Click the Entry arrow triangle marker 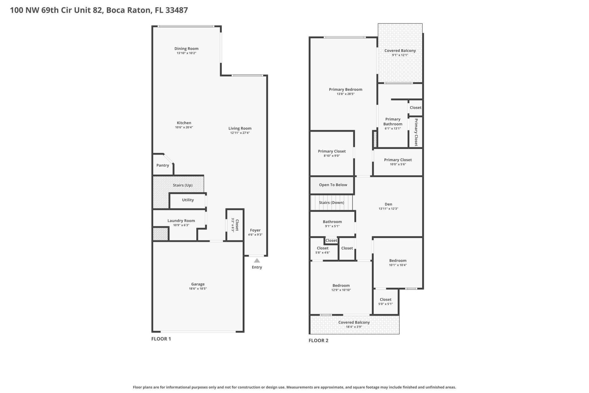[257, 261]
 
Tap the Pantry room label [163, 165]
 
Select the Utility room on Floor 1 [188, 200]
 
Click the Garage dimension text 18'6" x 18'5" [198, 289]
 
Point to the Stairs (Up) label [183, 185]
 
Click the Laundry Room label [181, 220]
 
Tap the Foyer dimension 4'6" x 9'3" [255, 235]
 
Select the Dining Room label [186, 49]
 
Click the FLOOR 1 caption [161, 339]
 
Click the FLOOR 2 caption [318, 340]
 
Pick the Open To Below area [333, 185]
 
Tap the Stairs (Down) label [331, 203]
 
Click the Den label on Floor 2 [388, 204]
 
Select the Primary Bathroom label [393, 122]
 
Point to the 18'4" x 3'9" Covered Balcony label [354, 322]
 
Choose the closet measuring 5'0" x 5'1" [386, 302]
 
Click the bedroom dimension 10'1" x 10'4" [398, 265]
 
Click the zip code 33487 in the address [176, 10]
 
